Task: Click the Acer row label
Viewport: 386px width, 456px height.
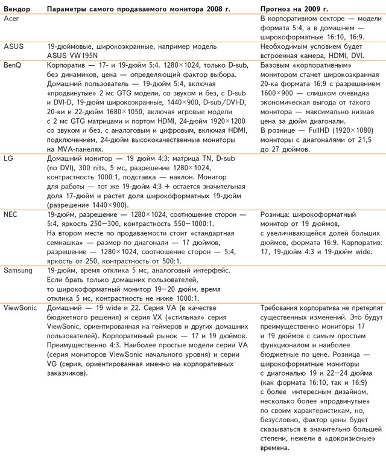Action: click(x=11, y=20)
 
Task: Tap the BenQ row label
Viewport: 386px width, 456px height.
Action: click(x=13, y=63)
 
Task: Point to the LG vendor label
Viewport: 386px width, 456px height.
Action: click(x=8, y=158)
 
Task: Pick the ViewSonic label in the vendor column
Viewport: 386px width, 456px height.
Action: click(x=21, y=307)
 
